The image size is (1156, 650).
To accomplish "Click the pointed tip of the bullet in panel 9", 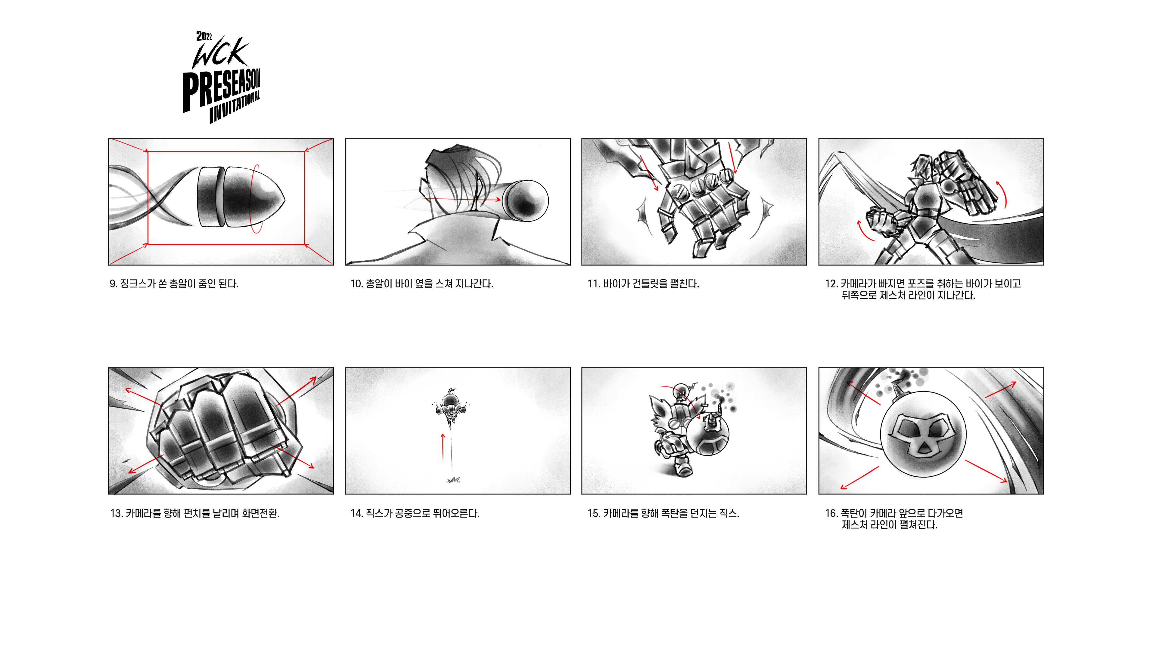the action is point(284,199).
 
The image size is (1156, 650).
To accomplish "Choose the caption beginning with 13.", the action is point(195,513).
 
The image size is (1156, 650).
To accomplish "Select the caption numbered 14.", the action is point(415,513).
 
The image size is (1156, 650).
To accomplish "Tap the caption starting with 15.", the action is point(663,513).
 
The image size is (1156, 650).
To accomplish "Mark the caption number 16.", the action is point(831,513).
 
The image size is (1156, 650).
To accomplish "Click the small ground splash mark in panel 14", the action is point(454,480).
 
